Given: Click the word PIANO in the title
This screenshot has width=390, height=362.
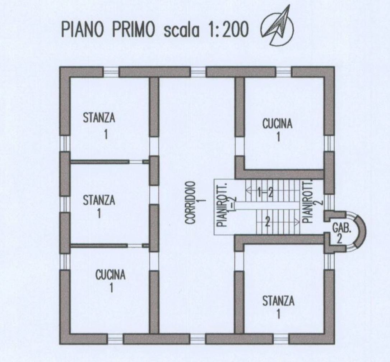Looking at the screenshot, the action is pos(82,30).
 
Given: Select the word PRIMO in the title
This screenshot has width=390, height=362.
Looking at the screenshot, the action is pos(133,30).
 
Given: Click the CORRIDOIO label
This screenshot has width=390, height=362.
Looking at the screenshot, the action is pos(191,203).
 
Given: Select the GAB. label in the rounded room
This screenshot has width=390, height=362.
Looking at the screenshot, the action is pos(342,228).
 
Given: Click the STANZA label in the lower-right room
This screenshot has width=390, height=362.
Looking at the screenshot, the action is pos(279,301).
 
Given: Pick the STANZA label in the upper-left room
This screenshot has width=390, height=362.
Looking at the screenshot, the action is pos(99,118).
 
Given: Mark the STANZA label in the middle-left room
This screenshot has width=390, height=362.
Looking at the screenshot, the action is pos(99,200).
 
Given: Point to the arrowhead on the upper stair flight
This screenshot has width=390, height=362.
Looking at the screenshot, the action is pos(248,192).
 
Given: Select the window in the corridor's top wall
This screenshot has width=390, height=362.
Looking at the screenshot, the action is pos(199,72).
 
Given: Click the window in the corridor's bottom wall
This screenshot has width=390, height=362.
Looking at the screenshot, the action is pos(198,339).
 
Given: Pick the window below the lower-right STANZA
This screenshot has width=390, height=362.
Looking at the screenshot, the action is pos(281,339).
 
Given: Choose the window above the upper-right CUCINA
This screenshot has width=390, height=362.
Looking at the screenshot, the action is pos(284,72).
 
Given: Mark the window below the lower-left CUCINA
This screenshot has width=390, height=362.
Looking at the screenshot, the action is pos(115,339).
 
